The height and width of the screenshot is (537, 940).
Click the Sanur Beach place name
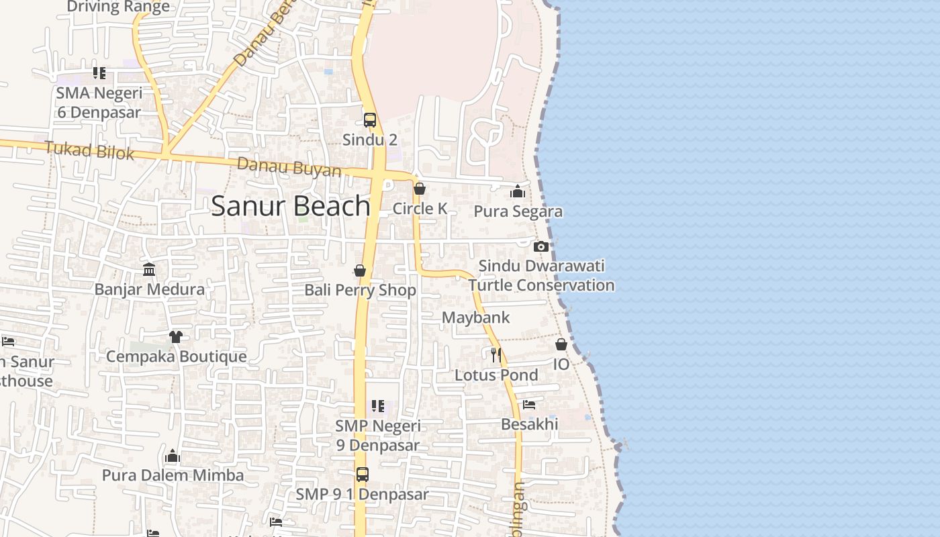point(290,206)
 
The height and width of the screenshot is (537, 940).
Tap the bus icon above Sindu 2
point(370,120)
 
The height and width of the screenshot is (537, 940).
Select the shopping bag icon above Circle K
point(420,189)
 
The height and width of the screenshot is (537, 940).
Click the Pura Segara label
point(518,211)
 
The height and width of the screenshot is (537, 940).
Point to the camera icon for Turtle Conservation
point(541,246)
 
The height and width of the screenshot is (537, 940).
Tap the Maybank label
point(475,318)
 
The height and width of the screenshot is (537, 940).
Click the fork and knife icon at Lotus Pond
point(496,355)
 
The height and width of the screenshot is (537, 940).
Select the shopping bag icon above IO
point(561,344)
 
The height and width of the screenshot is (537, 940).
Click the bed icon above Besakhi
point(529,405)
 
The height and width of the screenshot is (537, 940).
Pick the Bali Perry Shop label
point(360,290)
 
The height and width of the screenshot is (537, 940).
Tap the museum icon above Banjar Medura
point(149,270)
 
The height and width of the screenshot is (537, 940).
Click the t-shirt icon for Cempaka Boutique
point(176,336)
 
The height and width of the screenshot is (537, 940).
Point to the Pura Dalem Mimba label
point(173,475)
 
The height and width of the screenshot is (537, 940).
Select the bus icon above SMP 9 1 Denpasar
point(363,475)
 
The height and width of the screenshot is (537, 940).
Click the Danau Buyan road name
point(289,167)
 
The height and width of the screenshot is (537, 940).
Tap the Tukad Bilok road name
point(89,150)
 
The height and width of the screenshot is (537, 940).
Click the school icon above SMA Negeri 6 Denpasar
point(99,73)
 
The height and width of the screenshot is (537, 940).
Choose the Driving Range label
point(118,7)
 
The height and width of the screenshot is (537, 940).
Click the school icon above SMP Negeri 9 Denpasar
point(378,406)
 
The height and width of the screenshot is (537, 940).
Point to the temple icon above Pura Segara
point(518,192)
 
